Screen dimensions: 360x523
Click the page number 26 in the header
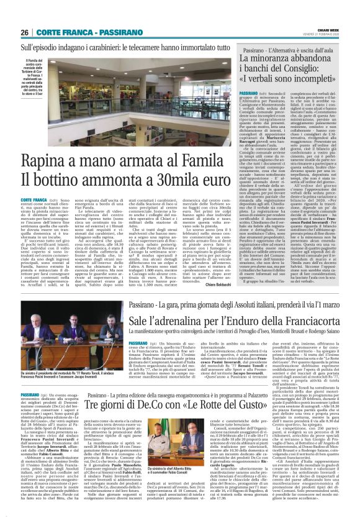pos(25,32)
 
